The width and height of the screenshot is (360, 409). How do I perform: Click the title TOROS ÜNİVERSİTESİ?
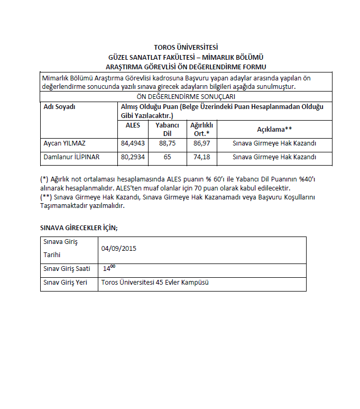pyautogui.click(x=186, y=48)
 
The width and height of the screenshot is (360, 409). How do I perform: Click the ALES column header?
pyautogui.click(x=133, y=125)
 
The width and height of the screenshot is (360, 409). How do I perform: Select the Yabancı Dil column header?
pyautogui.click(x=167, y=129)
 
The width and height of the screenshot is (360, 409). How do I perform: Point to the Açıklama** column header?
pyautogui.click(x=274, y=129)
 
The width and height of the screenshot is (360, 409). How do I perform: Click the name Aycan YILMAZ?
pyautogui.click(x=65, y=143)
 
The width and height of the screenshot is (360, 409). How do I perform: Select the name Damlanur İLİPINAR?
pyautogui.click(x=71, y=157)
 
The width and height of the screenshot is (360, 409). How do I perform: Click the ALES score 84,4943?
pyautogui.click(x=133, y=143)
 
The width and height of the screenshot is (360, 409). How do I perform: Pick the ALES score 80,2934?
pyautogui.click(x=133, y=157)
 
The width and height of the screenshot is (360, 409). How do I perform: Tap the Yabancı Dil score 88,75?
pyautogui.click(x=167, y=143)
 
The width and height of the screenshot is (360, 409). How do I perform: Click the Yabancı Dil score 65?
pyautogui.click(x=167, y=157)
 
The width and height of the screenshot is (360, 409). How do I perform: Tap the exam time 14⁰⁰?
pyautogui.click(x=109, y=268)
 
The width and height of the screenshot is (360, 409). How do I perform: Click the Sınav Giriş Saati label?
pyautogui.click(x=67, y=269)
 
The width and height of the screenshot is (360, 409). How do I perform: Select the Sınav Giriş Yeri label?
pyautogui.click(x=64, y=283)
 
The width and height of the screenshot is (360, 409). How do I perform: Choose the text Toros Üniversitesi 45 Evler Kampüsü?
pyautogui.click(x=155, y=283)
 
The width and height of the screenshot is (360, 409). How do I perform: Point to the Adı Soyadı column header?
pyautogui.click(x=59, y=106)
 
